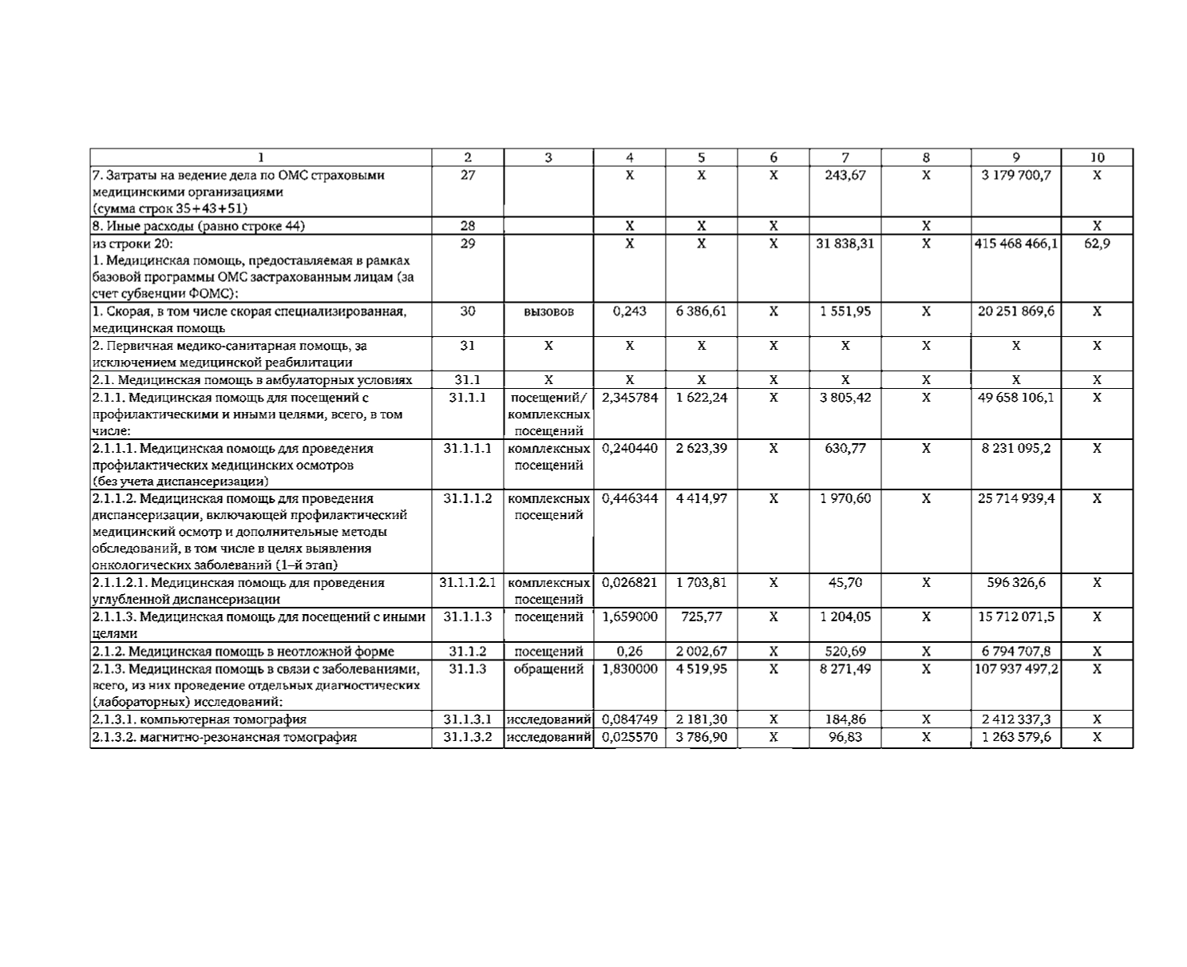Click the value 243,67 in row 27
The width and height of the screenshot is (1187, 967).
tap(845, 176)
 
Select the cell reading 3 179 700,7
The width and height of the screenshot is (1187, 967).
tap(1015, 176)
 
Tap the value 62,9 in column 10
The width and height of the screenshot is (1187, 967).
tap(1097, 243)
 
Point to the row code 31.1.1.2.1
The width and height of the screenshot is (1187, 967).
tap(468, 583)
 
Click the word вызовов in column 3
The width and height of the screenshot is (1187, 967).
tap(548, 311)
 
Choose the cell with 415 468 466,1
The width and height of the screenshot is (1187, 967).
tap(1015, 243)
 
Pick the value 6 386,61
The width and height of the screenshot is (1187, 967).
tap(701, 311)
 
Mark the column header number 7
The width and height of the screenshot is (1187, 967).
tap(845, 158)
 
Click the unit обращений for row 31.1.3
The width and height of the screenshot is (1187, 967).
tap(548, 669)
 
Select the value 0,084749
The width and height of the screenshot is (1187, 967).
tap(629, 719)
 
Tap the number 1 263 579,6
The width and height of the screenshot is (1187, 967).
tap(1015, 737)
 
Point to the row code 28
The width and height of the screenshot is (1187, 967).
tap(468, 226)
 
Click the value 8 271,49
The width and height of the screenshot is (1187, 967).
tap(845, 669)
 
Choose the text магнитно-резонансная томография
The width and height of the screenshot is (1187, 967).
tap(224, 737)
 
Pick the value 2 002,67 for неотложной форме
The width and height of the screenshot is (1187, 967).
tap(701, 652)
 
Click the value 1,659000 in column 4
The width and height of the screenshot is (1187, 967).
tap(629, 616)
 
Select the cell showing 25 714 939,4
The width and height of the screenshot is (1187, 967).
tap(1015, 498)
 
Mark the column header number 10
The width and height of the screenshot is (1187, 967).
tap(1097, 158)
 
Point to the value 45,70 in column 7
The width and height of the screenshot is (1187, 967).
tap(845, 583)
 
